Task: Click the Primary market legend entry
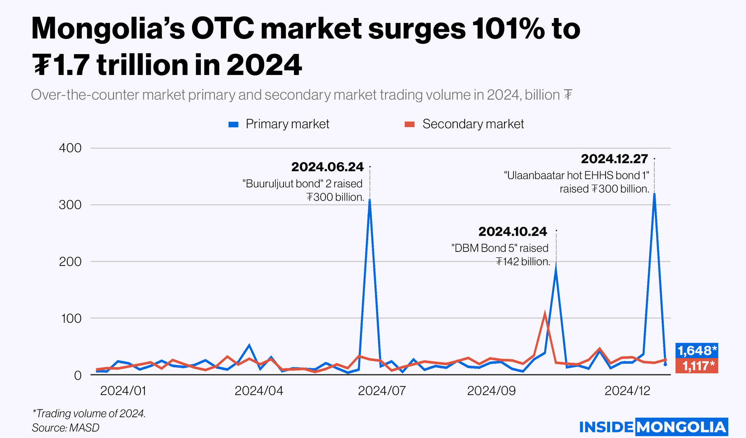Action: pyautogui.click(x=279, y=124)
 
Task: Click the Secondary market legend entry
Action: pyautogui.click(x=464, y=124)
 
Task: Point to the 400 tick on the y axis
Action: pyautogui.click(x=70, y=148)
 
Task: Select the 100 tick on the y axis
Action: pyautogui.click(x=70, y=318)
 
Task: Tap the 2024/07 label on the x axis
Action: pyautogui.click(x=382, y=391)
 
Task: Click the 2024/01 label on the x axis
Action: pyautogui.click(x=123, y=391)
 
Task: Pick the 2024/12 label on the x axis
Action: pyautogui.click(x=627, y=391)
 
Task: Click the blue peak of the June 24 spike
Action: pyautogui.click(x=369, y=200)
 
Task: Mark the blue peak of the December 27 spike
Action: pyautogui.click(x=654, y=194)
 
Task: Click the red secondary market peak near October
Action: pyautogui.click(x=545, y=313)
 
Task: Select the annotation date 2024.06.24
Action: pyautogui.click(x=327, y=167)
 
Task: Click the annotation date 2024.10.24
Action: pyautogui.click(x=513, y=232)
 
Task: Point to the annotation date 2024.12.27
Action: pyautogui.click(x=614, y=159)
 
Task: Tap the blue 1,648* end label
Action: pyautogui.click(x=697, y=350)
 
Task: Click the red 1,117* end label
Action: pyautogui.click(x=697, y=366)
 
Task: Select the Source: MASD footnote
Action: pyautogui.click(x=65, y=428)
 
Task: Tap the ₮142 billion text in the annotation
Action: pyautogui.click(x=522, y=262)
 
